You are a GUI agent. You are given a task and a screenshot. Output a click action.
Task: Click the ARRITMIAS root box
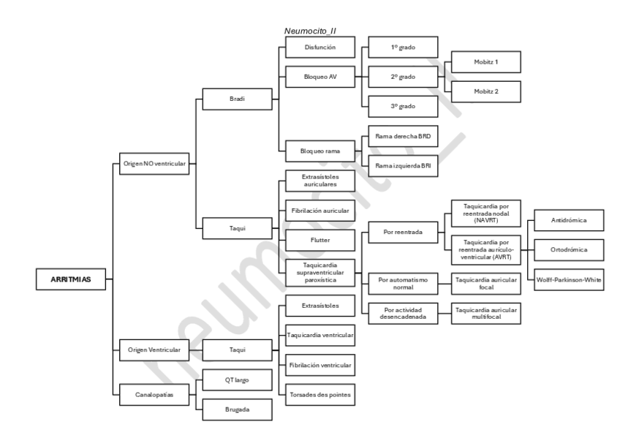pyautogui.click(x=70, y=278)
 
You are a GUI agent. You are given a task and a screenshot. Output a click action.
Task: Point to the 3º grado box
pyautogui.click(x=403, y=106)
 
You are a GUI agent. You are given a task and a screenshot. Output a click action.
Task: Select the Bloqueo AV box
pyautogui.click(x=319, y=76)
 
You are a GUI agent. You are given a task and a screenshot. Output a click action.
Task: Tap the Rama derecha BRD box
pyautogui.click(x=403, y=135)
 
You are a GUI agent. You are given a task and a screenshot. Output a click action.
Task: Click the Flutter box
pyautogui.click(x=319, y=239)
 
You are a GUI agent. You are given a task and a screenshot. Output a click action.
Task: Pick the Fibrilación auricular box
pyautogui.click(x=319, y=211)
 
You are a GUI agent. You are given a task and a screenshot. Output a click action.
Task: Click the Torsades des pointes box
pyautogui.click(x=319, y=394)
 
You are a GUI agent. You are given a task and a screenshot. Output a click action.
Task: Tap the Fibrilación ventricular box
pyautogui.click(x=319, y=364)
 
